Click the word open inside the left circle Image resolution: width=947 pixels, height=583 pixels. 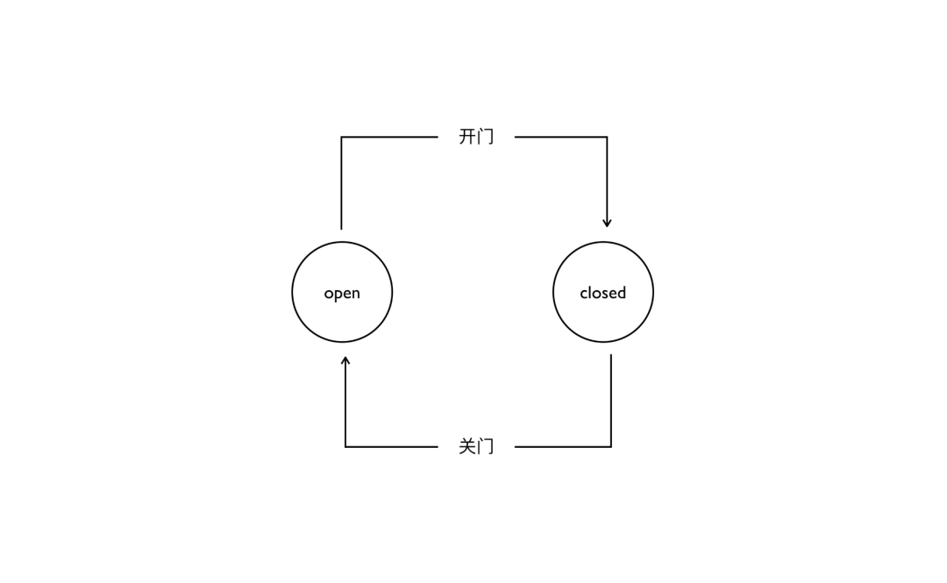(x=342, y=293)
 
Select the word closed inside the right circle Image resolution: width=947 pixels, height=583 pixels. (x=603, y=293)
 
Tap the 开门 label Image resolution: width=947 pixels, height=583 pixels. (x=476, y=137)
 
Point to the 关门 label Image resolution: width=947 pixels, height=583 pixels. (x=476, y=446)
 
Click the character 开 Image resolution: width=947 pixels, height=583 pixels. (x=467, y=137)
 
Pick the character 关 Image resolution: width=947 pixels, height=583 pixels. (x=467, y=446)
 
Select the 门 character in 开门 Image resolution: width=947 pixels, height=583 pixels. (x=486, y=137)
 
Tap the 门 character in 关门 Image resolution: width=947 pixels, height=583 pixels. (x=486, y=446)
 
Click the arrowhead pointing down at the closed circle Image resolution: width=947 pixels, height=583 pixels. (x=607, y=223)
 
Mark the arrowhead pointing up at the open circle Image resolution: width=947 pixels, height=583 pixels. (x=345, y=361)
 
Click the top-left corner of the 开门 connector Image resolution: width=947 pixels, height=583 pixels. (x=341, y=137)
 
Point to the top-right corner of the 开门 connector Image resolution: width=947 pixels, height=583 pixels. (x=607, y=137)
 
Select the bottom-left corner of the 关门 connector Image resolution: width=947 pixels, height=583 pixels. (x=345, y=446)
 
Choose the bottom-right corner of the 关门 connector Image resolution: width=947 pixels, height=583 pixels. (x=610, y=446)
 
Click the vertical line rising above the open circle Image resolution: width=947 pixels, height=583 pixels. (x=341, y=184)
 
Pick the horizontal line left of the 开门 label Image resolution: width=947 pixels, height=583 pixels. (x=389, y=137)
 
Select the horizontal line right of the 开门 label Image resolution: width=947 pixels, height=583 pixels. (x=560, y=137)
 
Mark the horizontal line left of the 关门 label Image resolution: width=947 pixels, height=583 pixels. (x=391, y=446)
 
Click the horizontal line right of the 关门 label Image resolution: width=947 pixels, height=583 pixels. (x=562, y=446)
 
